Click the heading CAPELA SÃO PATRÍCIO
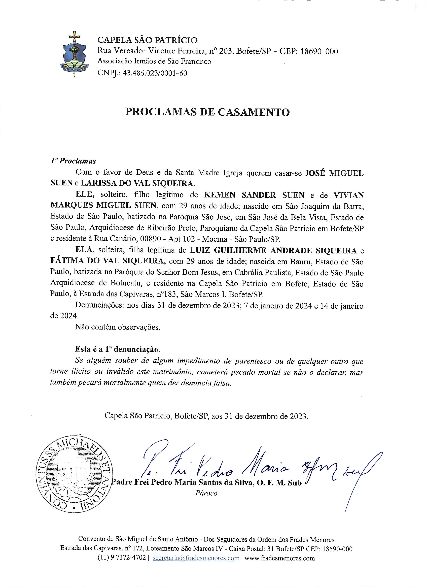tap(147, 40)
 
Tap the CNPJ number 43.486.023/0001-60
tap(155, 73)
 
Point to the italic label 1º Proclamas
tap(73, 161)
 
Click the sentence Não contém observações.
tap(118, 327)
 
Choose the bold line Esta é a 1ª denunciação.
tap(118, 349)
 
